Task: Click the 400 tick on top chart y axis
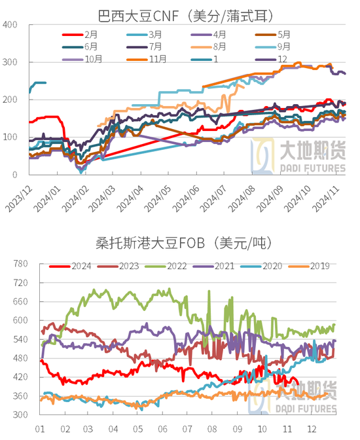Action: point(11,25)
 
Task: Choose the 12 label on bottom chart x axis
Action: point(310,429)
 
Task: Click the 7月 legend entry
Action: point(156,46)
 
